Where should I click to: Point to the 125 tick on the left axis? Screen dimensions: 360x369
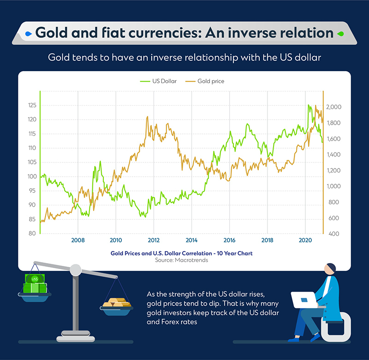pos(32,105)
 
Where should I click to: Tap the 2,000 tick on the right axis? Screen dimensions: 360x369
pos(333,107)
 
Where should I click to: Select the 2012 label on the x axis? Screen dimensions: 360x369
pos(154,240)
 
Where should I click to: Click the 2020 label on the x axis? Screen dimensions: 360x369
pos(304,240)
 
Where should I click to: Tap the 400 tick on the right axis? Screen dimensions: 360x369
pos(333,234)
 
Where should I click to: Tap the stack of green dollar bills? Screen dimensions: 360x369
pos(35,283)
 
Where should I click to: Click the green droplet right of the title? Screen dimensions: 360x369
pos(340,34)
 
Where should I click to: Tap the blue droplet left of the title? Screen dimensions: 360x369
pos(28,34)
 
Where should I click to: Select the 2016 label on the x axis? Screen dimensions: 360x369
pos(229,240)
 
